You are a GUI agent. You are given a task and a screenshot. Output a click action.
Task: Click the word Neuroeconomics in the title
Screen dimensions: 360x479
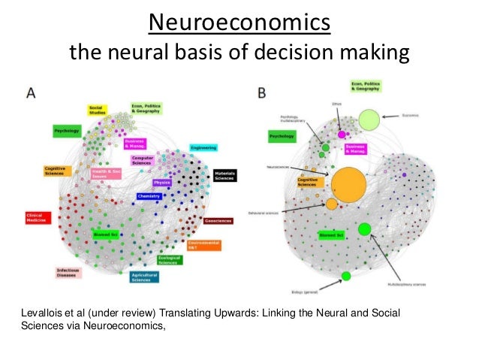pyautogui.click(x=239, y=23)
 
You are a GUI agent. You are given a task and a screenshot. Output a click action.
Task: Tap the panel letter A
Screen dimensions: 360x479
pyautogui.click(x=32, y=93)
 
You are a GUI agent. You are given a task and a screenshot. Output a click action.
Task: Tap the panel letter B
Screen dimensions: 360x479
pyautogui.click(x=261, y=93)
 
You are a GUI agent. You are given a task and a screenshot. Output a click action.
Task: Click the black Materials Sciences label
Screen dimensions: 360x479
pyautogui.click(x=224, y=175)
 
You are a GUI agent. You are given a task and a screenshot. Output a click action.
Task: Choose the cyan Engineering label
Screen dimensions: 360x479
pyautogui.click(x=203, y=148)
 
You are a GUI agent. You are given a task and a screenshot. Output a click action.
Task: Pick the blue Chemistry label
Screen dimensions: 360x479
pyautogui.click(x=149, y=196)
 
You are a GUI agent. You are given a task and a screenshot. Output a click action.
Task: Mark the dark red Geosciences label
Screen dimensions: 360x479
pyautogui.click(x=218, y=220)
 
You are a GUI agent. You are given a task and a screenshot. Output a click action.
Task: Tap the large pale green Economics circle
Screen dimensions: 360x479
pyautogui.click(x=369, y=119)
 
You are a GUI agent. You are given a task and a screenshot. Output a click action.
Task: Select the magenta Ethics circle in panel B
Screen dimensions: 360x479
pyautogui.click(x=342, y=134)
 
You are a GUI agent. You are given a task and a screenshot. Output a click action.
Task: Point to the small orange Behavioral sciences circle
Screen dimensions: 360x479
pyautogui.click(x=331, y=204)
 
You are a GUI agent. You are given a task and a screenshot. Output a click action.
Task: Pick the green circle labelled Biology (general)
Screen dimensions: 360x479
pyautogui.click(x=346, y=277)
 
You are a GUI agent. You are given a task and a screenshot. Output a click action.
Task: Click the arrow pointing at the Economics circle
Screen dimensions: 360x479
pyautogui.click(x=393, y=117)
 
